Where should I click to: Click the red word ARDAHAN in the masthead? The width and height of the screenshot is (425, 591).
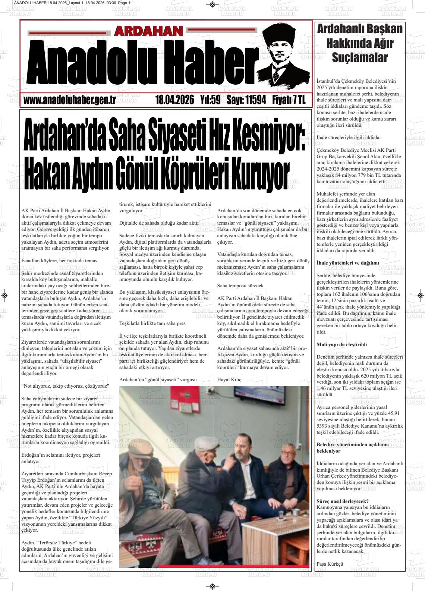pyautogui.click(x=148, y=31)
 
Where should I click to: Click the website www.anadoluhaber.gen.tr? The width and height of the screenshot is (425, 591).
pyautogui.click(x=69, y=100)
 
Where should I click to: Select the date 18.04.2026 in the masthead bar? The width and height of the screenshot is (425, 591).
pyautogui.click(x=174, y=100)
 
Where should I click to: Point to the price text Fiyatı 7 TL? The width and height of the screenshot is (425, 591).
pyautogui.click(x=289, y=100)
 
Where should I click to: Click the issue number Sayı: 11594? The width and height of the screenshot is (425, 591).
pyautogui.click(x=246, y=100)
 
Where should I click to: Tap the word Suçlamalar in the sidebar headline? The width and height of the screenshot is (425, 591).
pyautogui.click(x=360, y=58)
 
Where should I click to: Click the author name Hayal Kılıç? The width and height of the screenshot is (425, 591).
pyautogui.click(x=229, y=380)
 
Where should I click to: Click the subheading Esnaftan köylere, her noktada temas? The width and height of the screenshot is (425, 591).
pyautogui.click(x=59, y=261)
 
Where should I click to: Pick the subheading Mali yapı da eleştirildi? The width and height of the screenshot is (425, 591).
pyautogui.click(x=341, y=344)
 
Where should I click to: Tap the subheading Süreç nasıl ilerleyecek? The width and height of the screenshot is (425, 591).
pyautogui.click(x=342, y=501)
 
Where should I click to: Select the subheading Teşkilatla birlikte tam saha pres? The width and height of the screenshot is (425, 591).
pyautogui.click(x=152, y=323)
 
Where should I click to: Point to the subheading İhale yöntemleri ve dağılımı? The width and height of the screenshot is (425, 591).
pyautogui.click(x=347, y=263)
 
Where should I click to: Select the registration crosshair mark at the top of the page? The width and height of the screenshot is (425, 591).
pyautogui.click(x=212, y=4)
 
